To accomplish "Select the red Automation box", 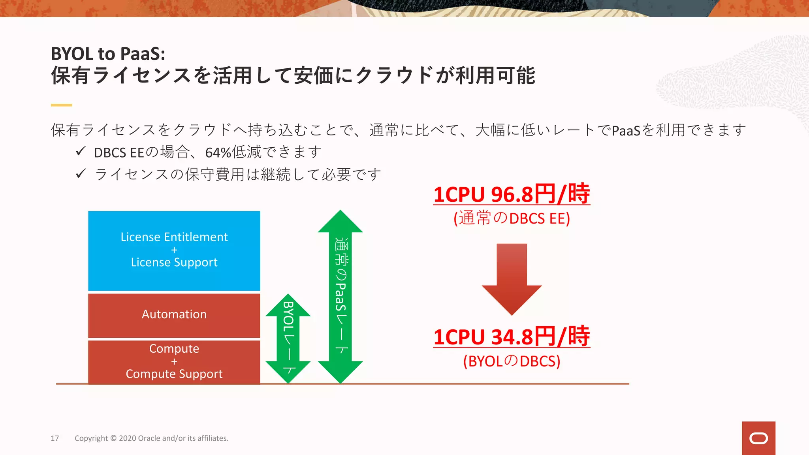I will (x=174, y=315).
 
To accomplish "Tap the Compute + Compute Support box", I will (x=174, y=361).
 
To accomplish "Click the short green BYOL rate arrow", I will (x=288, y=338).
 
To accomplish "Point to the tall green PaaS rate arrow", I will (x=340, y=296).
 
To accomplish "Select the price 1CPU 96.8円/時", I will (x=512, y=194).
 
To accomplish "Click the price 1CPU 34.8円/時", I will (x=512, y=337).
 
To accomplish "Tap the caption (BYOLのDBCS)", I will (x=512, y=361).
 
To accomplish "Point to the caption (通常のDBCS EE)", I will (x=512, y=218).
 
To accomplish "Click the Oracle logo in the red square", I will (x=758, y=438).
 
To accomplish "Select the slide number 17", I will (x=55, y=438).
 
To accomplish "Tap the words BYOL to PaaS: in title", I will (x=108, y=54).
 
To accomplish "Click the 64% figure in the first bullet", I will (x=218, y=152).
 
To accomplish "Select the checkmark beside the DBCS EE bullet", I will (x=81, y=151).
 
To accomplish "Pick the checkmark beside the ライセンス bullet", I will (x=81, y=173).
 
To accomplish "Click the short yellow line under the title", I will (x=61, y=105).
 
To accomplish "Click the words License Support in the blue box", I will (x=174, y=262).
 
